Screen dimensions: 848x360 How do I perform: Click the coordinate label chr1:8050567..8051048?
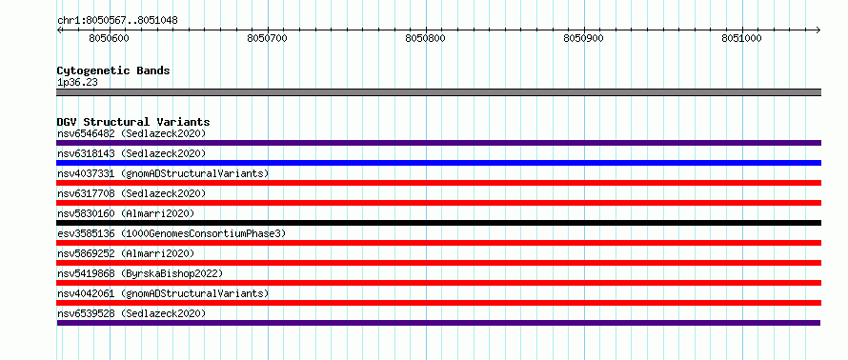coord(117,21)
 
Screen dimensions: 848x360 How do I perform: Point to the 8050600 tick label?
coord(109,38)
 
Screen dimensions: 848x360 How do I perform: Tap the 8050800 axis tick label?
coord(425,38)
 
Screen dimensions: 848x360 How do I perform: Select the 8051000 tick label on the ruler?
coord(741,38)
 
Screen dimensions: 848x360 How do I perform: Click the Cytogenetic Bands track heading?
coord(113,70)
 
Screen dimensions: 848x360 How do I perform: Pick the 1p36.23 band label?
coord(77,83)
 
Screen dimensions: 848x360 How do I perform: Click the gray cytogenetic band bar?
coord(438,92)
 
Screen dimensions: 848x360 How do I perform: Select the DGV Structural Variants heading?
coord(133,122)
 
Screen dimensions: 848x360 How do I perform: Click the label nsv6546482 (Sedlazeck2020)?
coord(131,133)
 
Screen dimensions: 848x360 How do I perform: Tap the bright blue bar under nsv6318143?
coord(438,163)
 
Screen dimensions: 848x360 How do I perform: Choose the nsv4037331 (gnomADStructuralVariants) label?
coord(163,173)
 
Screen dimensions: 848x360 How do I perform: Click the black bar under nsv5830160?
coord(438,223)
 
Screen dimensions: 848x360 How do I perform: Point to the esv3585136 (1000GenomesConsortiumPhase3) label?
coord(171,233)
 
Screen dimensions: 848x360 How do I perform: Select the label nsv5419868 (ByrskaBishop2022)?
coord(139,273)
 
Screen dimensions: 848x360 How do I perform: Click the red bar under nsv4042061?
coord(438,303)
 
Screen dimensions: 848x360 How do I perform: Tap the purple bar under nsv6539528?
coord(438,323)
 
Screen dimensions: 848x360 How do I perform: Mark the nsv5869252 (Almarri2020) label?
coord(126,253)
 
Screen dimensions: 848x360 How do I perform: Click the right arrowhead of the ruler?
coord(818,30)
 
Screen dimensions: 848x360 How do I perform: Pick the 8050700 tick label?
coord(267,38)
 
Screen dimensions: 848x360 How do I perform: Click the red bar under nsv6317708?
coord(438,203)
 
